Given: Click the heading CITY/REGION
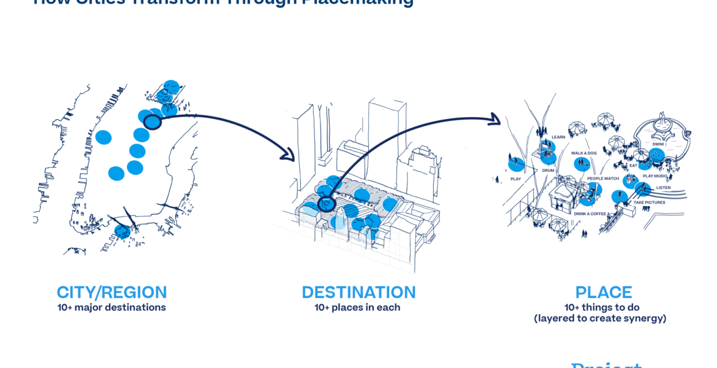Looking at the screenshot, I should (x=112, y=293).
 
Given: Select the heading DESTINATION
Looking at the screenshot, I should (x=358, y=293).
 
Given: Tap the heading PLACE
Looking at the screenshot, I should (x=603, y=293).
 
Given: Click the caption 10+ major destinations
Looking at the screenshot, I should (x=112, y=307).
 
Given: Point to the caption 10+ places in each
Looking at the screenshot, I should (x=357, y=307).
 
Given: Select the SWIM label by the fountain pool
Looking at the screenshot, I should (x=658, y=144).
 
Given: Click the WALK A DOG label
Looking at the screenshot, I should (x=584, y=153).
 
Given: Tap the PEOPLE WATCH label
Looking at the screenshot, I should (x=604, y=178).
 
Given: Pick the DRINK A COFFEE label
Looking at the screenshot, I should (x=590, y=213).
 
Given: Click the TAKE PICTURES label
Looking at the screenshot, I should (x=649, y=202).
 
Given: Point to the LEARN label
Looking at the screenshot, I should (x=558, y=137).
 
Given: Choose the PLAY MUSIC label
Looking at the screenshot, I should (x=656, y=176).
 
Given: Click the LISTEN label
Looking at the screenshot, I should (x=663, y=188).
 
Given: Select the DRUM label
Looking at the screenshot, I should (x=548, y=171).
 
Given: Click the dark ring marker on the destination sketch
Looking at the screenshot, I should (x=327, y=203).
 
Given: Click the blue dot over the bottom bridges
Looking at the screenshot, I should (x=122, y=231).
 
